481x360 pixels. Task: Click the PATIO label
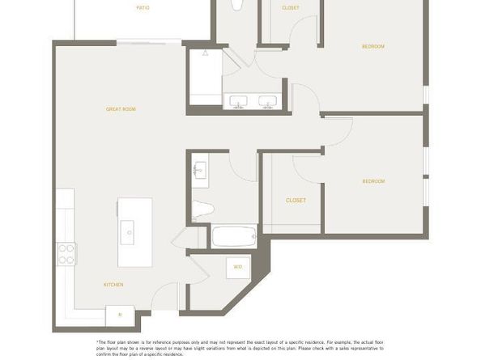tap(142, 7)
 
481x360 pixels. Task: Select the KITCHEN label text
tap(113, 285)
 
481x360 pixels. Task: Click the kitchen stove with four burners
tap(66, 254)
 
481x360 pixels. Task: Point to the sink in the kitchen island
tap(130, 232)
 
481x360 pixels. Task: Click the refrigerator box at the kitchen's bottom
tap(120, 314)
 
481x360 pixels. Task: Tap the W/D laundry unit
tap(238, 266)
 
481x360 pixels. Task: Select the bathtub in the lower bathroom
tap(234, 237)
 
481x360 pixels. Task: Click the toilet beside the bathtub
tap(202, 209)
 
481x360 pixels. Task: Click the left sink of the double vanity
tap(239, 102)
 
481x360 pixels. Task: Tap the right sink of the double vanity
tap(268, 102)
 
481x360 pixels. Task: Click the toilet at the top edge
tap(236, 4)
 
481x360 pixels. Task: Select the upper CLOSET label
tap(290, 8)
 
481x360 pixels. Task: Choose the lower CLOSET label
tap(295, 200)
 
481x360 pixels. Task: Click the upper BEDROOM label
tap(372, 46)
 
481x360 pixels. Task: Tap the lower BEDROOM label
tap(372, 180)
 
